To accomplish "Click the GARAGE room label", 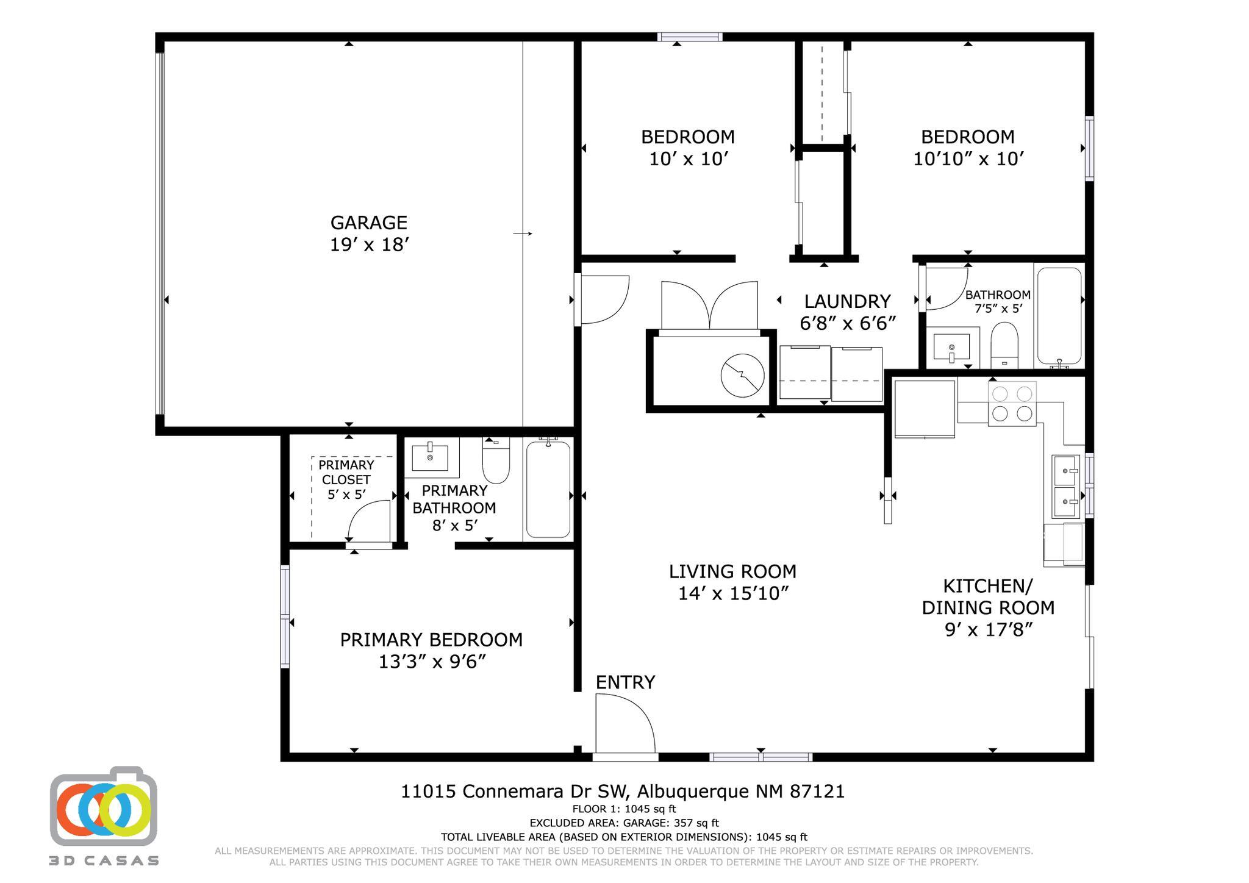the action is (368, 223).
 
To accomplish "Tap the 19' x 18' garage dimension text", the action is (369, 245).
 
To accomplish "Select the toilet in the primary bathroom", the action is (496, 460).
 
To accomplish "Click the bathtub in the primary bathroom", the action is (548, 489).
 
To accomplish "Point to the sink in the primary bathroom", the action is (430, 457).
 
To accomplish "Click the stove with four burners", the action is (1012, 404).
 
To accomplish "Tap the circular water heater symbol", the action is (742, 376).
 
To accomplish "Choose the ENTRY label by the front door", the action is (625, 682).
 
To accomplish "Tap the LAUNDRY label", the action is (847, 301).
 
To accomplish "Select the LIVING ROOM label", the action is (732, 571).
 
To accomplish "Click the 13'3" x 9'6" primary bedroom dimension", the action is (432, 662).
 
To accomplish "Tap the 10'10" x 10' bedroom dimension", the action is (968, 159).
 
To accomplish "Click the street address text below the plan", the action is (623, 792).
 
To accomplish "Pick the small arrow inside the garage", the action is (523, 234).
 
